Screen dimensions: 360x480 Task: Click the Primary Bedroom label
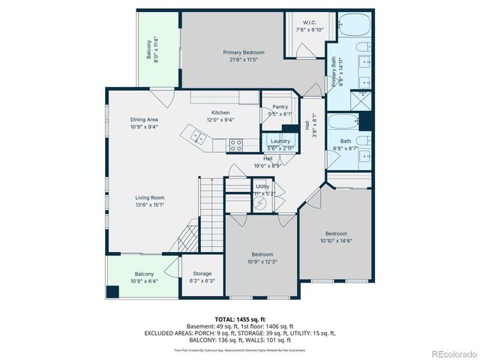[244, 52]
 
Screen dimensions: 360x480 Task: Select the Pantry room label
[280, 107]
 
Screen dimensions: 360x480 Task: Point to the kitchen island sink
[198, 136]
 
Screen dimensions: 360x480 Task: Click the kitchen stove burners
[235, 142]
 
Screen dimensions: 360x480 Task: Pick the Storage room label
[202, 274]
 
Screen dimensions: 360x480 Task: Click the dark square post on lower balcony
[112, 291]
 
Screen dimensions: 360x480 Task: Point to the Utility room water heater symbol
[262, 202]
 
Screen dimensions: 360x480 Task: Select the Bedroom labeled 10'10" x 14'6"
[336, 234]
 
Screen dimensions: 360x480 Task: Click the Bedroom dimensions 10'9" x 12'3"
[264, 262]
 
